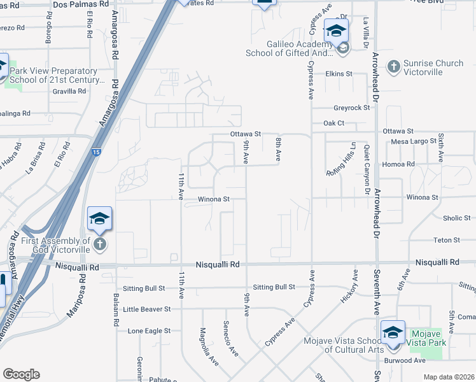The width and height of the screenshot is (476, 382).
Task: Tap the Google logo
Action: click(x=21, y=374)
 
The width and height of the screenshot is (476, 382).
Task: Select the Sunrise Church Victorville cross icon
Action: click(x=394, y=66)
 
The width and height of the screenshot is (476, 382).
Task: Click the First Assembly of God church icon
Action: click(x=99, y=244)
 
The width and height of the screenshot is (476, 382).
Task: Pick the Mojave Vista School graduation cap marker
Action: click(x=392, y=332)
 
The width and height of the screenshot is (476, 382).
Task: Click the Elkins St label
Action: click(x=339, y=74)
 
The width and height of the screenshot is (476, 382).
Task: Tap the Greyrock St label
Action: click(x=352, y=108)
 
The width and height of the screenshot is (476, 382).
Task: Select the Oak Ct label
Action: click(x=333, y=122)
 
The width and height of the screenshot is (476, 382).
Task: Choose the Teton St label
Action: click(x=446, y=240)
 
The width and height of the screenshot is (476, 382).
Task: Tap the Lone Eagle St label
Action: click(x=149, y=331)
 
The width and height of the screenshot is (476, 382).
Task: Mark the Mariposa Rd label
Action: click(x=77, y=299)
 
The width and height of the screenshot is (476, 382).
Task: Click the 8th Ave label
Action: click(x=278, y=148)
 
